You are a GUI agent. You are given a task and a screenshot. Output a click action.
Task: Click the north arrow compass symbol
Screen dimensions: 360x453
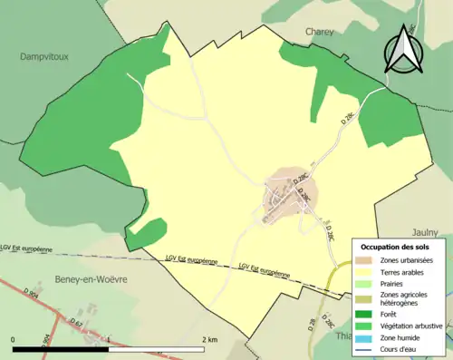tap(402, 49)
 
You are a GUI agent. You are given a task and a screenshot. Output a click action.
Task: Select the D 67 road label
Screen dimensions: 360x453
tap(76, 324)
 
